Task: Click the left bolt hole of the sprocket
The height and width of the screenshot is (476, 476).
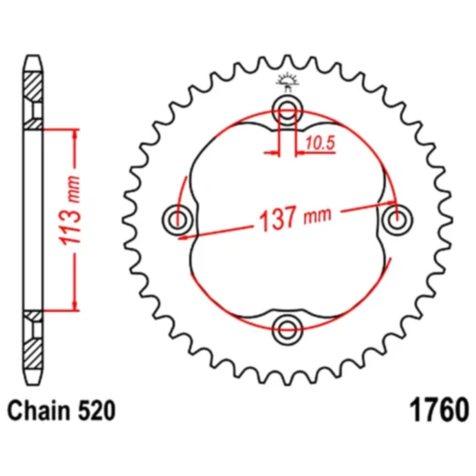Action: coord(177,219)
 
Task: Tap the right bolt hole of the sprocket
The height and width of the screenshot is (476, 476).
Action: coord(396,219)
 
